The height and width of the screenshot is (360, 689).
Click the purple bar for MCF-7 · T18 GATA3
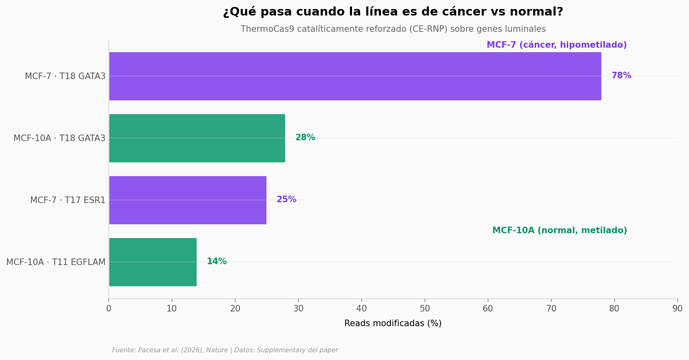tap(355, 76)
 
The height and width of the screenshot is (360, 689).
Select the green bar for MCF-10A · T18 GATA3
tap(197, 138)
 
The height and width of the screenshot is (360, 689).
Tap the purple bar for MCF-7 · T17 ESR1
tap(187, 200)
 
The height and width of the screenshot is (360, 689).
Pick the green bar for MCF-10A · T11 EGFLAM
tap(153, 262)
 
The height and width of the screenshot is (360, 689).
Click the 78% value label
tap(621, 76)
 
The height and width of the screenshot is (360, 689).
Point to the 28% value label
tap(305, 138)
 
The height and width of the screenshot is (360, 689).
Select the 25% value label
tap(286, 200)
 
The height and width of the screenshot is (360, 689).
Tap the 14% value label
tap(217, 262)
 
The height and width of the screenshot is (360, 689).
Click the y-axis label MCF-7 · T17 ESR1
tap(68, 200)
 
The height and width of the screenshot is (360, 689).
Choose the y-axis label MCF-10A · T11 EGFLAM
tap(56, 262)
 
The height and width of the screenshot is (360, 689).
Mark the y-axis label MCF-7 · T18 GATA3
tap(65, 76)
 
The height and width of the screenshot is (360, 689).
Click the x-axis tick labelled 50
tap(425, 309)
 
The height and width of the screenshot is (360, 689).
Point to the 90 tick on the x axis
tap(677, 309)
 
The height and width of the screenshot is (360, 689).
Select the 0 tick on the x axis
tap(109, 309)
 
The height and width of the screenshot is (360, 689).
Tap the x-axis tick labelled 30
tap(298, 309)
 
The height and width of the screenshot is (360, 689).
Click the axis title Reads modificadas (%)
tap(393, 323)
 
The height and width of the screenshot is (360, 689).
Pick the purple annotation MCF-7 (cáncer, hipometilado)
tap(556, 45)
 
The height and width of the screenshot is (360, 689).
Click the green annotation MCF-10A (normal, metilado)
tap(559, 230)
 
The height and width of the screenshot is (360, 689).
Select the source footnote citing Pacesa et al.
tap(225, 350)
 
